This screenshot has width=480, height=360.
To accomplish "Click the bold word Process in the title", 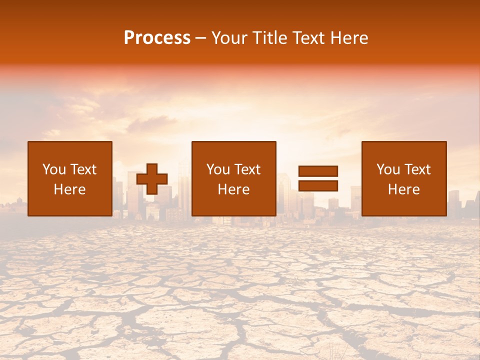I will tap(157, 38).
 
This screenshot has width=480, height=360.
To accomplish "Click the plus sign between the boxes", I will tap(152, 179).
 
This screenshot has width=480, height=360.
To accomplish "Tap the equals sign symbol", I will tap(318, 178).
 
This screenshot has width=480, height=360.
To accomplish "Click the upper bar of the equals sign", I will tap(318, 171).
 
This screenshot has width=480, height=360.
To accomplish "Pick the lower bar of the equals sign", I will tap(318, 185).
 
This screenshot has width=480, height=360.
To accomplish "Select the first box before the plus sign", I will tap(69, 178).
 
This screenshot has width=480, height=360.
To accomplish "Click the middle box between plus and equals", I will tap(233, 178).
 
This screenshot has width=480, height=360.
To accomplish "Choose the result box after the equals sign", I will tap(403, 178).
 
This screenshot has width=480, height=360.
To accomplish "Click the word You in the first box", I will tap(54, 169).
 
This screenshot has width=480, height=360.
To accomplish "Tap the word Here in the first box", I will tap(69, 189).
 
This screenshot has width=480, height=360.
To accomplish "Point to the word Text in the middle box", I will tap(247, 169).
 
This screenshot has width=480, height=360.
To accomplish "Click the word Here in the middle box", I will tap(233, 189).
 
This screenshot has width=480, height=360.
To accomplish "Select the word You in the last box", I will tap(388, 169).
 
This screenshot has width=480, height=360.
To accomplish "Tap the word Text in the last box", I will tap(417, 169).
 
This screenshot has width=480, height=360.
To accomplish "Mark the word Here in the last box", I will tap(403, 189).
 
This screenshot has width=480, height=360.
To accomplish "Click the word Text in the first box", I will tap(83, 169).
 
